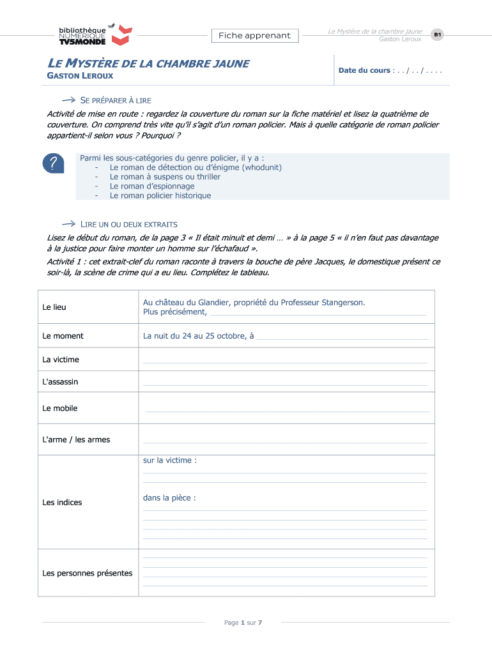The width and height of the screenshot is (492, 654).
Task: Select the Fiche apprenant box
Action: pyautogui.click(x=254, y=36)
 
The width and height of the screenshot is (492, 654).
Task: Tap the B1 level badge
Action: pyautogui.click(x=437, y=34)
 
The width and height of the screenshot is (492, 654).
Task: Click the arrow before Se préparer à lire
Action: pyautogui.click(x=68, y=100)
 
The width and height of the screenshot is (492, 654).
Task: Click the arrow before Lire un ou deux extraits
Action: pyautogui.click(x=68, y=224)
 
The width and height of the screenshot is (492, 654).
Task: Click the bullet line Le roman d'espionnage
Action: pyautogui.click(x=152, y=186)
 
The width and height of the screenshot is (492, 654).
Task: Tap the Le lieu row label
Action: pyautogui.click(x=54, y=307)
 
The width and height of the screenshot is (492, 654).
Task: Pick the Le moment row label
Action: pyautogui.click(x=63, y=336)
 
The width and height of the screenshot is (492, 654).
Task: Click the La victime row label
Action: pyautogui.click(x=61, y=360)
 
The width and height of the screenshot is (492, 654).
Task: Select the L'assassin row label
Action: pyautogui.click(x=60, y=382)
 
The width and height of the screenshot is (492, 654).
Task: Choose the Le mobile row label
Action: pyautogui.click(x=59, y=408)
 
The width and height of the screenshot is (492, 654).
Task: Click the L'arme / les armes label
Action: pyautogui.click(x=76, y=439)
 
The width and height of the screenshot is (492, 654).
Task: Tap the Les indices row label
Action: pyautogui.click(x=62, y=503)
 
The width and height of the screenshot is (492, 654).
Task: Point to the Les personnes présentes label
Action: pyautogui.click(x=87, y=573)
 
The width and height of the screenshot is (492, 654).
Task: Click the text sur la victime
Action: pyautogui.click(x=169, y=460)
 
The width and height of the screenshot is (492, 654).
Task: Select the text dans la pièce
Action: pyautogui.click(x=169, y=498)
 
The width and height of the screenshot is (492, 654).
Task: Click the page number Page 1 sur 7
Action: pyautogui.click(x=243, y=623)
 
